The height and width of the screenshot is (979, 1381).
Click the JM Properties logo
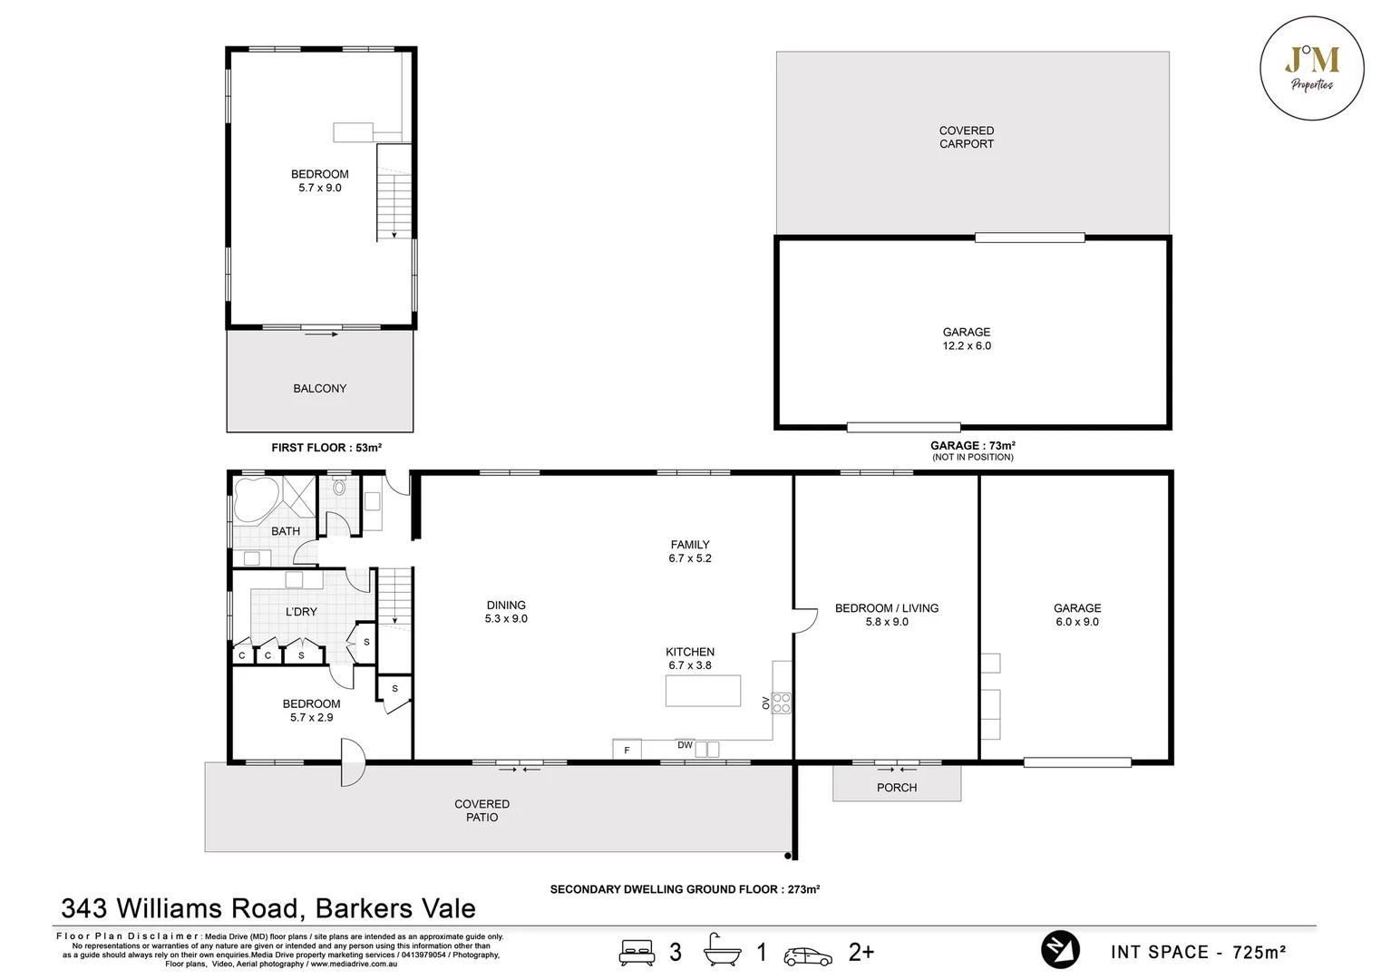click(1311, 68)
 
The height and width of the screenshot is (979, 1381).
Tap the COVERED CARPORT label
click(966, 137)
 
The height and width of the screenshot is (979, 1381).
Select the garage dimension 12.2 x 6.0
click(966, 345)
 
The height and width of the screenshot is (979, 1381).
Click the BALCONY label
click(319, 388)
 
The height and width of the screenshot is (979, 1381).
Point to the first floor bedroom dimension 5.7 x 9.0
click(319, 188)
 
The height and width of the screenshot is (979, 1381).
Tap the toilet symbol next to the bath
click(339, 488)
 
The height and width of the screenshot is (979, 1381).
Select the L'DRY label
click(301, 612)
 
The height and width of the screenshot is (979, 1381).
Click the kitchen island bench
click(702, 691)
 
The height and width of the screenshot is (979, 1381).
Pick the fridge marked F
click(627, 750)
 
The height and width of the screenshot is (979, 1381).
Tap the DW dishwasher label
click(685, 745)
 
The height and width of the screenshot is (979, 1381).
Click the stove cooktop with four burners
click(781, 703)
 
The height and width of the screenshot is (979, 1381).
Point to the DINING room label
click(505, 605)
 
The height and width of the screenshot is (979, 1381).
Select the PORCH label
click(896, 787)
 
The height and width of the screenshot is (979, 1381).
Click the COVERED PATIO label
click(481, 810)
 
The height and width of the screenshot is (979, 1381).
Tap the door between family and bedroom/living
click(802, 620)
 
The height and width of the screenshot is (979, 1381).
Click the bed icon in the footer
click(637, 952)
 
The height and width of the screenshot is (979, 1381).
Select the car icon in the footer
click(808, 955)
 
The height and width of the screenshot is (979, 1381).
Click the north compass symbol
click(1059, 950)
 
